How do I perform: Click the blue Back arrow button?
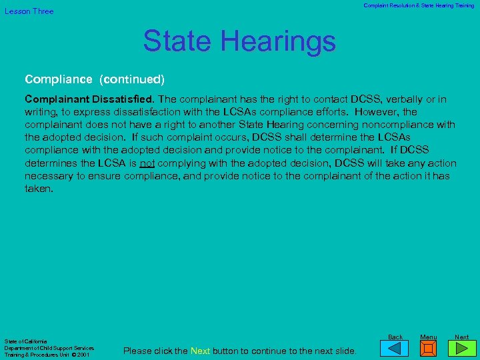(395, 349)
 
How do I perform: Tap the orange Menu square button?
(429, 349)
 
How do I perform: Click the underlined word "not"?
(147, 163)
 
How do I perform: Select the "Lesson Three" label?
(29, 11)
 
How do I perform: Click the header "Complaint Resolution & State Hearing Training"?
(419, 5)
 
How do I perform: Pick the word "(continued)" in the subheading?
(131, 79)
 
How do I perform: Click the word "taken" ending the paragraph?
(37, 189)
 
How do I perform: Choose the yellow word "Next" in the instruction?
(200, 351)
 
